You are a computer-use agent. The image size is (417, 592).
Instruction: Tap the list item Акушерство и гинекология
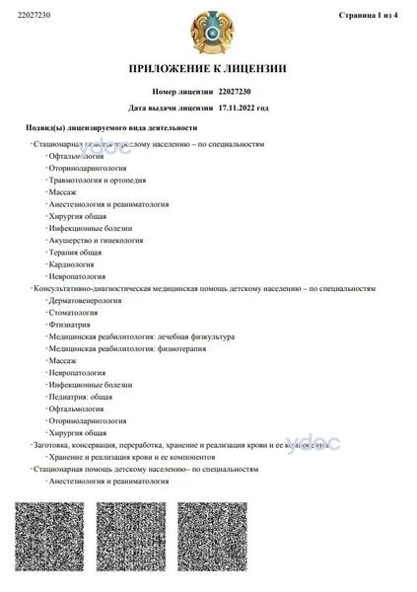point(95,240)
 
